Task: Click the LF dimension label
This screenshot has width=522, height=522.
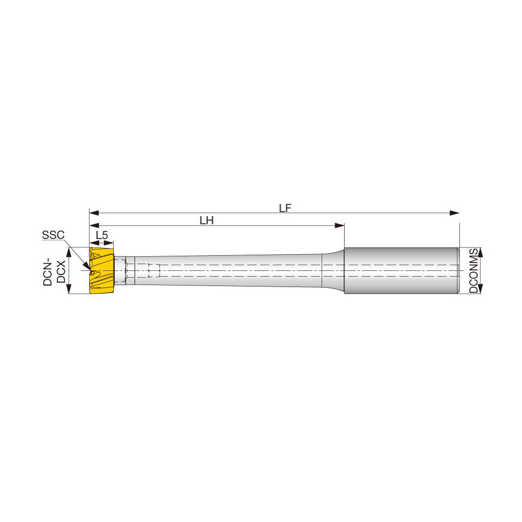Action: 284,207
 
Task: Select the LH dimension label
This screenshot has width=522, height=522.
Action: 207,220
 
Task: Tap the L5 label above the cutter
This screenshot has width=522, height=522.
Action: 102,235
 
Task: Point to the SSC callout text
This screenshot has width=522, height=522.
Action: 53,235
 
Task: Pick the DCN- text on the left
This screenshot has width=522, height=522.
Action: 48,270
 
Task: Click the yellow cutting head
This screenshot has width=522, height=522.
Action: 102,270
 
